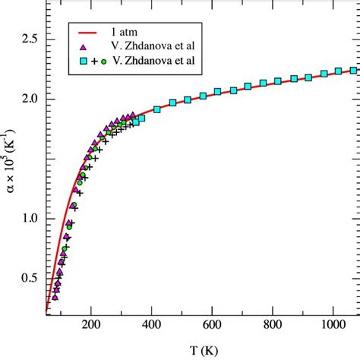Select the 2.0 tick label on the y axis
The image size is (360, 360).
29,99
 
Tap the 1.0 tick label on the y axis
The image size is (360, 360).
29,219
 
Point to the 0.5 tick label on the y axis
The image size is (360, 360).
29,279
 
